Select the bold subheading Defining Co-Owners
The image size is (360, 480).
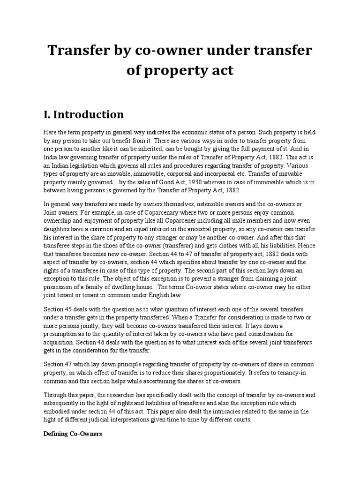click(x=73, y=435)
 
